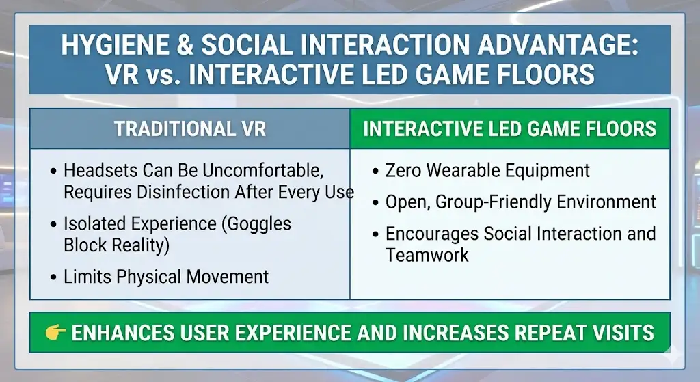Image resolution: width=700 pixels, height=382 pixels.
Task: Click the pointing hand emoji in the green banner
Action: (55, 333)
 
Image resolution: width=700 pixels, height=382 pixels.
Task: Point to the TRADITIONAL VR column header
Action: (190, 128)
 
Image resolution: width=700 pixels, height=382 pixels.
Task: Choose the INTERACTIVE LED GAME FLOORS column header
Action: (510, 128)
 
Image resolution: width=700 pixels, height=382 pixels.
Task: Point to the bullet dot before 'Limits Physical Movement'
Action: (54, 277)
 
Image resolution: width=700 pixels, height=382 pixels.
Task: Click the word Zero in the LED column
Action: (403, 170)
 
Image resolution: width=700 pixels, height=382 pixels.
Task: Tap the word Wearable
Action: (463, 170)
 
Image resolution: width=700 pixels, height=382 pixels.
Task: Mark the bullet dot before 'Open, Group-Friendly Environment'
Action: (376, 203)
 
